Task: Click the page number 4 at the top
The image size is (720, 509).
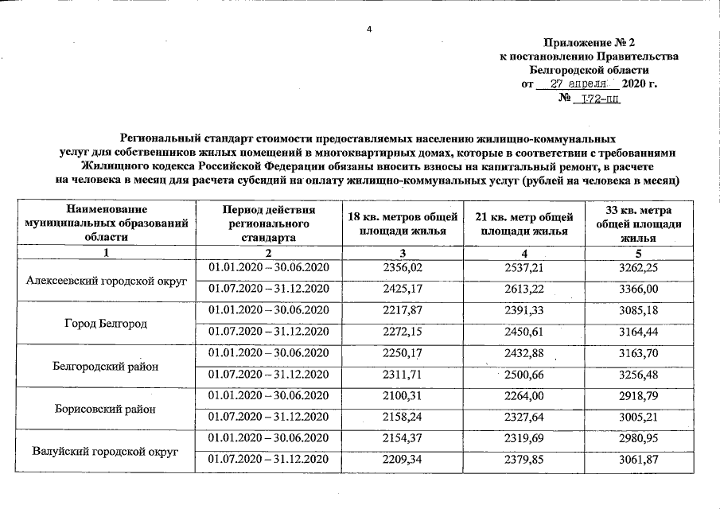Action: click(368, 29)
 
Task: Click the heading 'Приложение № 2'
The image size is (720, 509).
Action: click(590, 41)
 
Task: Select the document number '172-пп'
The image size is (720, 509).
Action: click(601, 99)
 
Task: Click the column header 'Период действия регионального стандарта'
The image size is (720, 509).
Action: click(269, 223)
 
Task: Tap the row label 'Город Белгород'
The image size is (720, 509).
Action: click(106, 324)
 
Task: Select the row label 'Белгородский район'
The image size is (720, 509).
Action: click(106, 367)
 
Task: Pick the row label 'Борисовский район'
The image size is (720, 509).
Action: click(106, 410)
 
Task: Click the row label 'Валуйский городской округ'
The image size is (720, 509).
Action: click(106, 452)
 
